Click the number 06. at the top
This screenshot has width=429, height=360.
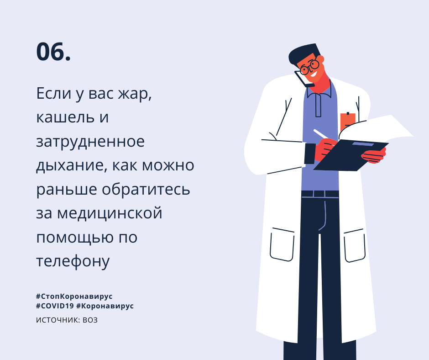[53, 52]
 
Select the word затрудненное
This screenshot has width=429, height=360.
[90, 142]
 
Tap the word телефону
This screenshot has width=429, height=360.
[73, 261]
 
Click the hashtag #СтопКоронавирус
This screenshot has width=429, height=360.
[74, 296]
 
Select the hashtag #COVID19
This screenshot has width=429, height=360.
[54, 306]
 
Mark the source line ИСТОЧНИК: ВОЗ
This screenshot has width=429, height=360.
[67, 320]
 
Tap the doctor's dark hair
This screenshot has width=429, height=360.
[301, 53]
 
